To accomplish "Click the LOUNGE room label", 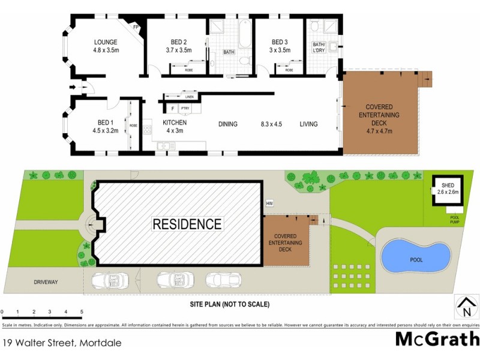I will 106,42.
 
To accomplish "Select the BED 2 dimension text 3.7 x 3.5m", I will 178,50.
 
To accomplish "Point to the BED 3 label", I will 280,42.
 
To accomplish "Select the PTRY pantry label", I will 185,109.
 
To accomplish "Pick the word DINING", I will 227,124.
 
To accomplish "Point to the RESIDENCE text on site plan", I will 187,224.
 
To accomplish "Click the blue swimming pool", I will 416,257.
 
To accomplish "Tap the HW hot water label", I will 269,204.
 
